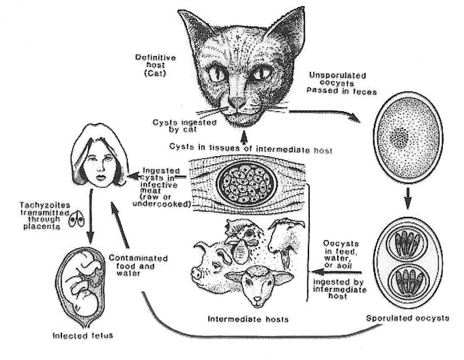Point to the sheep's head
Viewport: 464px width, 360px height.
[x=245, y=286]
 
